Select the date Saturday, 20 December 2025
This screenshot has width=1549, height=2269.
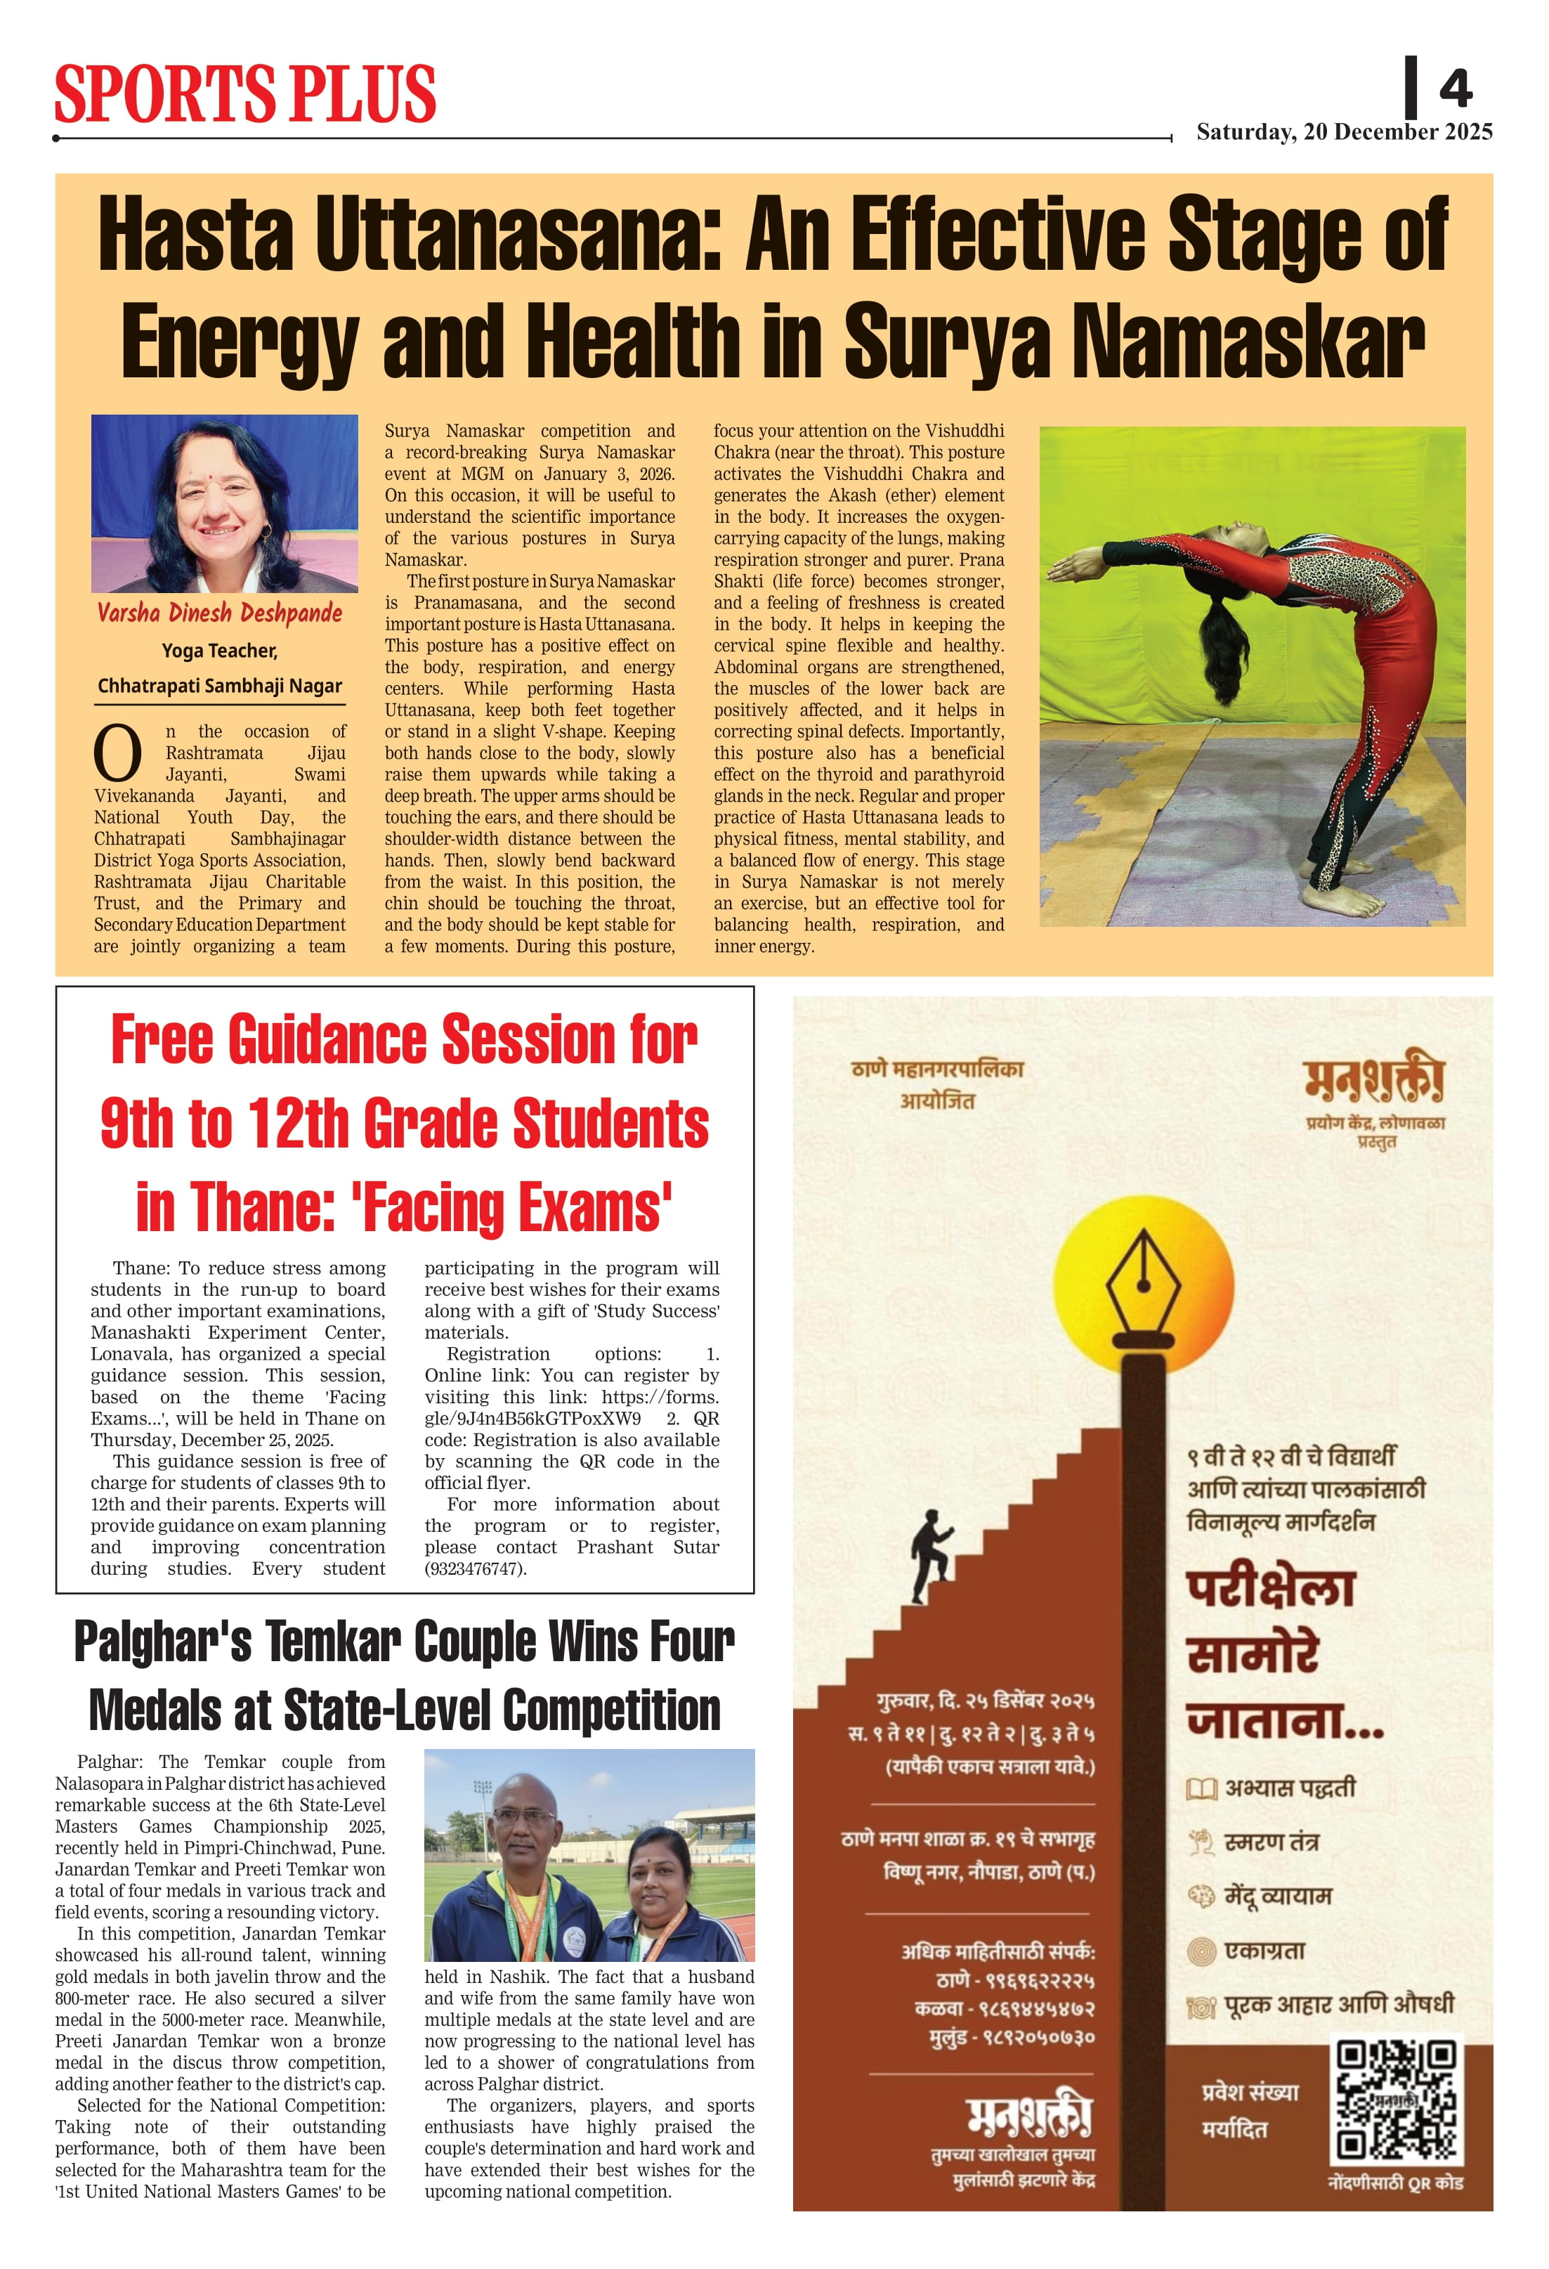point(1344,132)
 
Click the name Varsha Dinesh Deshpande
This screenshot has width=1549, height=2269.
point(220,613)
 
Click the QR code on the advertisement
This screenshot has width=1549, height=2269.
point(1397,2099)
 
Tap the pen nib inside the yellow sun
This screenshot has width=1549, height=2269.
point(1143,1285)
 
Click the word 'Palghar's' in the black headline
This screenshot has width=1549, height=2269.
point(162,1642)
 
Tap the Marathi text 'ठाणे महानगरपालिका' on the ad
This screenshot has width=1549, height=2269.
point(937,1068)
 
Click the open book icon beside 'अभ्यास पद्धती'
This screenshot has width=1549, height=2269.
point(1201,1788)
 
